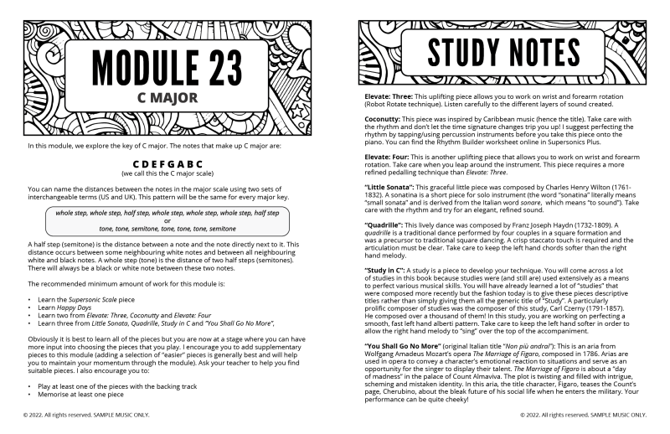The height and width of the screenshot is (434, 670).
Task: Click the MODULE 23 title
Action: [167, 67]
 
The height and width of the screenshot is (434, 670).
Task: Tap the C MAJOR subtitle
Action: [167, 97]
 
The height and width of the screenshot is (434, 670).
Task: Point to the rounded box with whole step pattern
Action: [167, 221]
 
